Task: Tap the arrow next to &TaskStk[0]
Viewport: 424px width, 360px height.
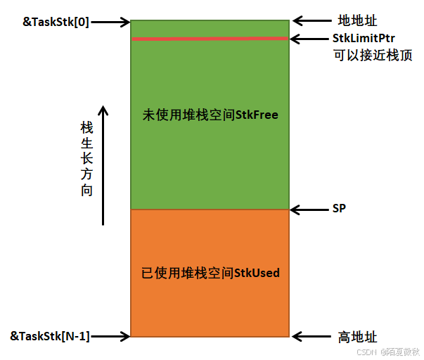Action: click(x=111, y=21)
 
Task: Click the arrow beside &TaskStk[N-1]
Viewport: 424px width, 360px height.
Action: click(x=111, y=336)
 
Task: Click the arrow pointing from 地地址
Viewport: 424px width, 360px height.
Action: click(x=309, y=21)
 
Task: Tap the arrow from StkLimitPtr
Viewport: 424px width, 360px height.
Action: click(x=309, y=38)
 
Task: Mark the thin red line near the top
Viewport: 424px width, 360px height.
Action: click(x=210, y=39)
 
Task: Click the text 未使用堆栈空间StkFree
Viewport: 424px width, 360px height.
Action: click(x=210, y=114)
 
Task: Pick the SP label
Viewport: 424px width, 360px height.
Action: click(x=339, y=209)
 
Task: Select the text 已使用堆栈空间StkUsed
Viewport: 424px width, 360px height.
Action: click(x=210, y=272)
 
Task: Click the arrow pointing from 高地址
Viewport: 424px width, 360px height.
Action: click(x=309, y=337)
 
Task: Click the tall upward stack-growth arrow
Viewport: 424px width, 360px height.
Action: click(x=103, y=165)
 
